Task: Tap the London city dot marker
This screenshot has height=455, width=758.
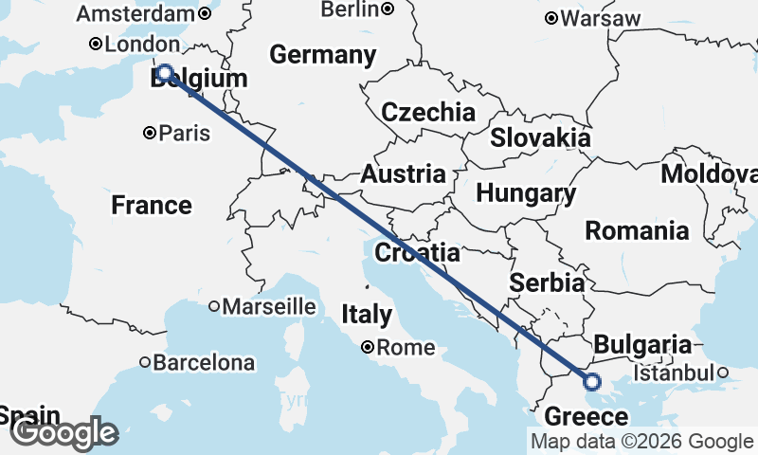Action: tap(96, 44)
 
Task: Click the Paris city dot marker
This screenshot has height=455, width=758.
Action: tap(150, 134)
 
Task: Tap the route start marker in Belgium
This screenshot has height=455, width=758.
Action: tap(164, 73)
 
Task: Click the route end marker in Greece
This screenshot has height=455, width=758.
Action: tap(592, 382)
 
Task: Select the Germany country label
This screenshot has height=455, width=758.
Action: tap(322, 55)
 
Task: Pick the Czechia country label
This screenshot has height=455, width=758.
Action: tap(428, 113)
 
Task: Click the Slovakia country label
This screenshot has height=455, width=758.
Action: tap(540, 137)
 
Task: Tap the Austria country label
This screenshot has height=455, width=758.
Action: tap(403, 174)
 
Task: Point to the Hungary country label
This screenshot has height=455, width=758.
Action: tap(526, 194)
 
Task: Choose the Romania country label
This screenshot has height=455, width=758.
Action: tap(637, 230)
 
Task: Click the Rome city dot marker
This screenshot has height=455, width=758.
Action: tap(368, 348)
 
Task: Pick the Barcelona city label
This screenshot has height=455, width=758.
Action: tap(204, 362)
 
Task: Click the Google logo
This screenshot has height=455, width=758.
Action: tap(63, 433)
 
